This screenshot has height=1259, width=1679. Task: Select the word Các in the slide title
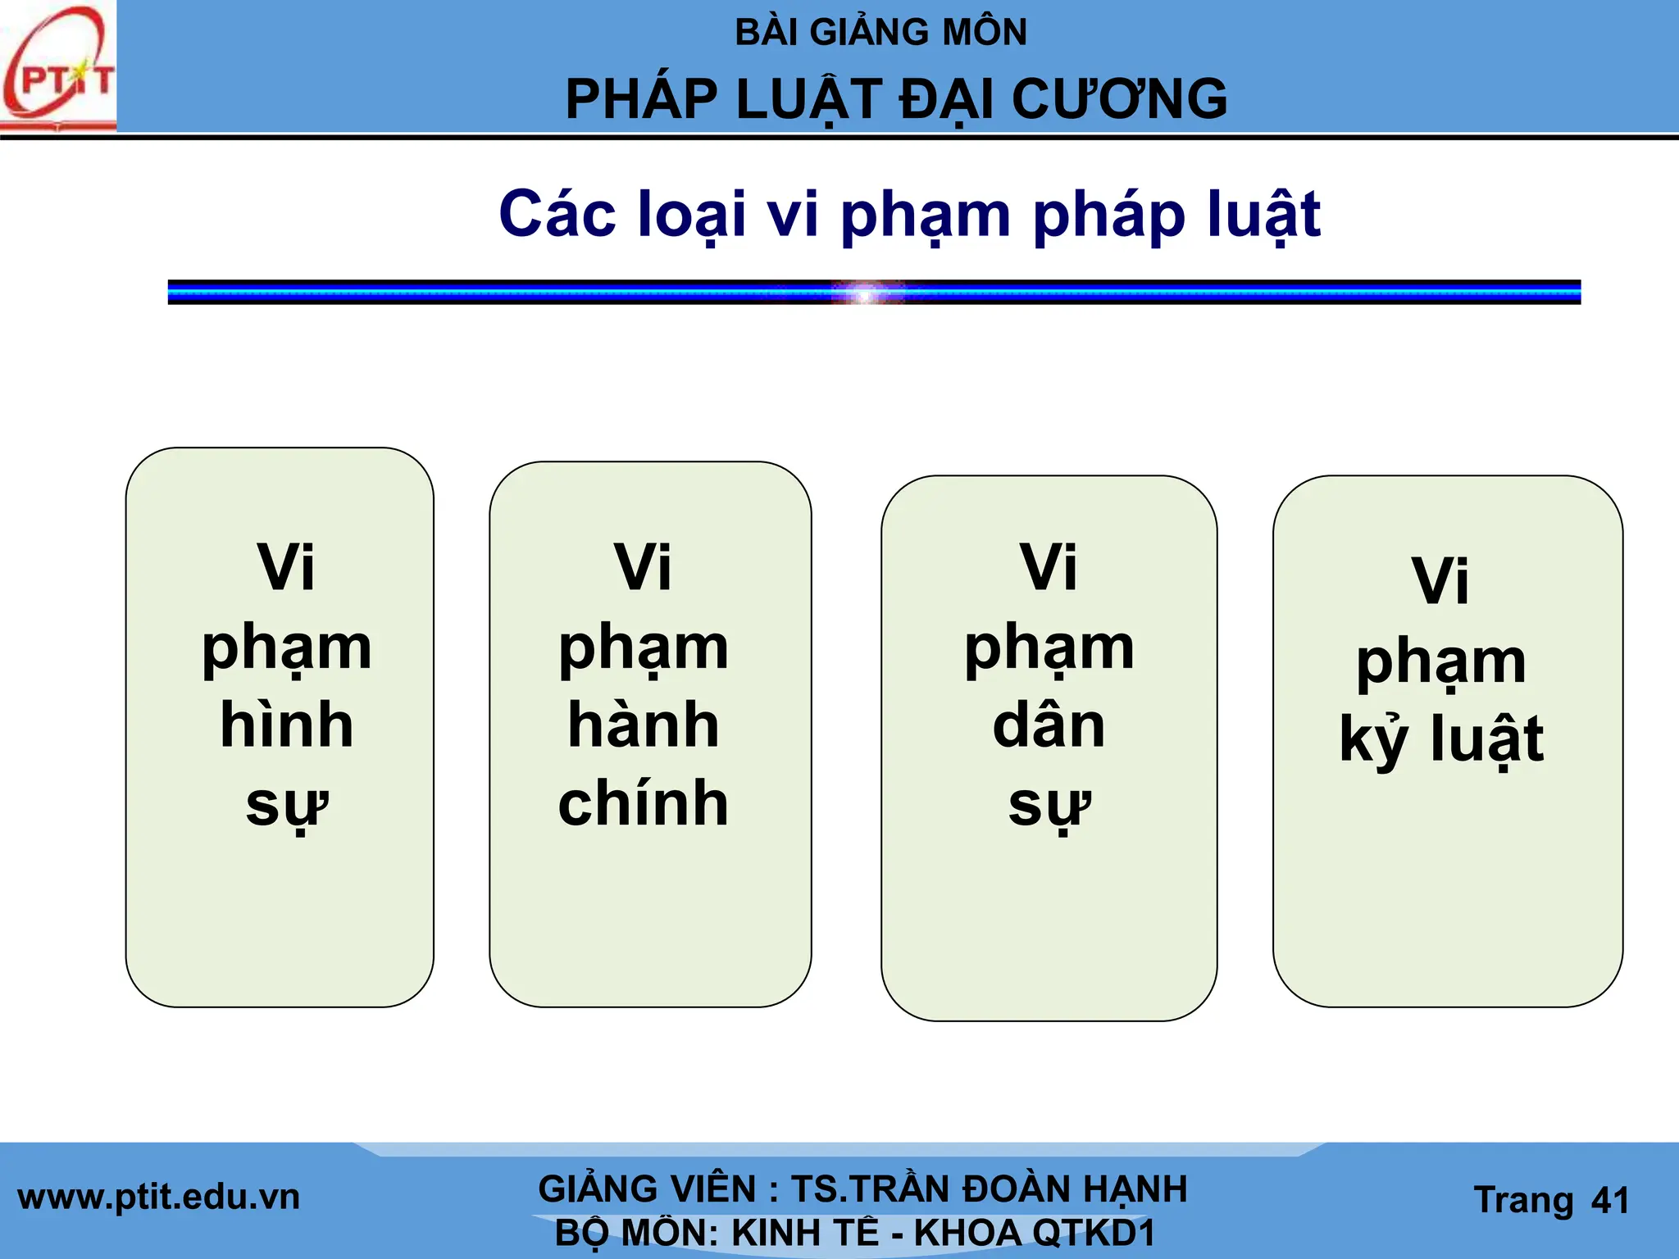click(x=557, y=214)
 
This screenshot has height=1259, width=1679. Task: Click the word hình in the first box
click(x=287, y=725)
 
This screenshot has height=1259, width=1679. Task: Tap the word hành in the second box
click(x=644, y=725)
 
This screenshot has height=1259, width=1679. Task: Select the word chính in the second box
click(x=644, y=803)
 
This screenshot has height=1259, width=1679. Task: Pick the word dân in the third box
click(x=1049, y=725)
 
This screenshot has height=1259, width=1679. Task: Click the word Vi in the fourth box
click(x=1440, y=580)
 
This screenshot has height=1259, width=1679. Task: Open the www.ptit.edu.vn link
click(x=158, y=1198)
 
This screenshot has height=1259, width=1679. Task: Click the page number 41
click(x=1609, y=1201)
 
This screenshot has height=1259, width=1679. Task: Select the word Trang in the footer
click(x=1523, y=1201)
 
